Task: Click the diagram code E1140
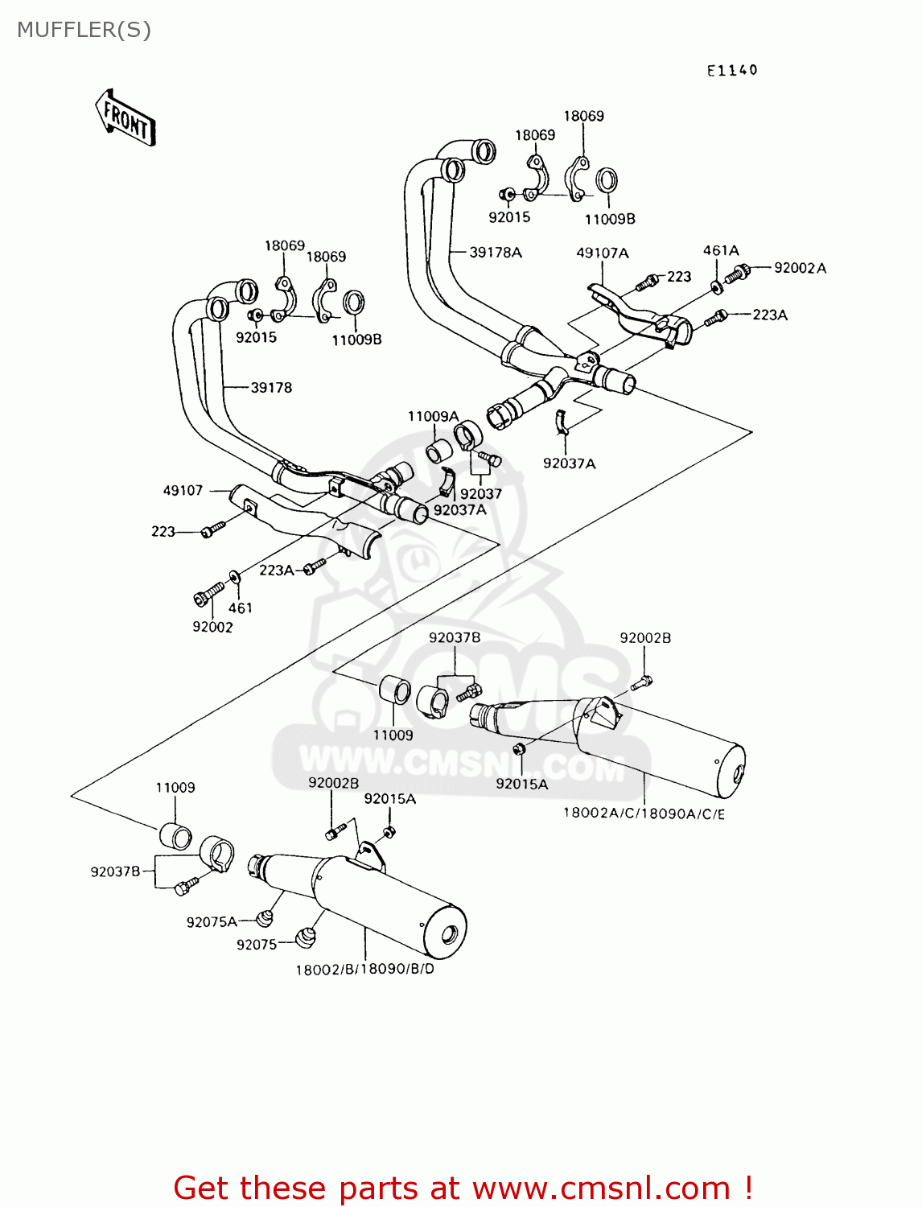[732, 71]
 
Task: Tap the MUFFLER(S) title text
[84, 30]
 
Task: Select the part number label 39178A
[496, 253]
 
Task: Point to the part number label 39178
[271, 388]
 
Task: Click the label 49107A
[603, 253]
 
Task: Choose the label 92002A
[800, 268]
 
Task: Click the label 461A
[721, 251]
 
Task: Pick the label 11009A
[433, 417]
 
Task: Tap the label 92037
[481, 494]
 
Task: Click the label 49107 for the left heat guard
[183, 491]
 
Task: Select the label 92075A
[212, 922]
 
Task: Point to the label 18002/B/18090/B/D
[364, 970]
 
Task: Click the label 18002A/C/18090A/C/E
[644, 814]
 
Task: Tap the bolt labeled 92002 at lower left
[208, 595]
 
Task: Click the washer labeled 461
[234, 576]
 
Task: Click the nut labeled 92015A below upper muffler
[520, 750]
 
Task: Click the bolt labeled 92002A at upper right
[737, 274]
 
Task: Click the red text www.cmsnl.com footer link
[601, 1188]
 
